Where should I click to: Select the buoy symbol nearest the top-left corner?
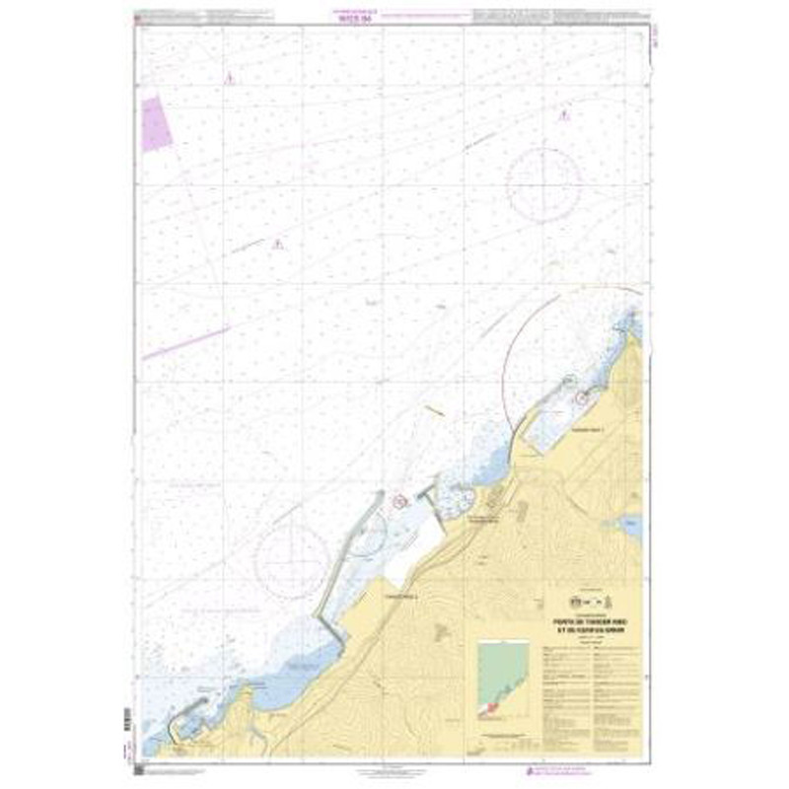(x=229, y=78)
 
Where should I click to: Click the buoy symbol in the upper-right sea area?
(x=562, y=117)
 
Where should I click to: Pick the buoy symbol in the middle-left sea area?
(x=278, y=244)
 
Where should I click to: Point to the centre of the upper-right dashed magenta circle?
(x=541, y=183)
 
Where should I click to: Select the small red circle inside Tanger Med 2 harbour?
(x=400, y=500)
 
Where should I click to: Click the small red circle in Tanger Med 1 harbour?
(x=581, y=398)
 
